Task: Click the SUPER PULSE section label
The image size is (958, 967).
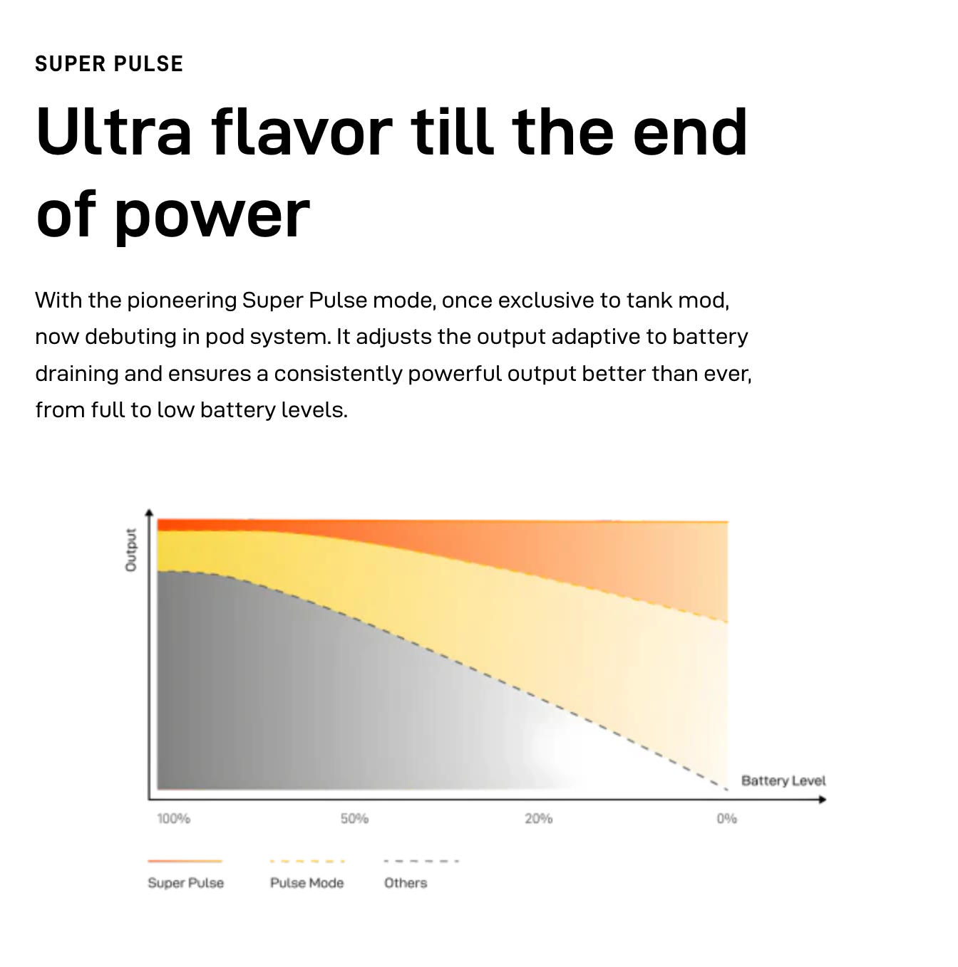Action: click(x=109, y=63)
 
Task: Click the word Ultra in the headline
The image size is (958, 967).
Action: click(x=113, y=132)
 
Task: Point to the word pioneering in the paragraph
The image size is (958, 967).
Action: click(x=182, y=300)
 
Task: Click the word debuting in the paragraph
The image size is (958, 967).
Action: click(x=130, y=337)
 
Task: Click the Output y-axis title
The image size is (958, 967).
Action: click(x=130, y=550)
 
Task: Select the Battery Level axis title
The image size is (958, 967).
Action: click(x=783, y=781)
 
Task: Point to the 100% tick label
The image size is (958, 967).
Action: click(x=173, y=818)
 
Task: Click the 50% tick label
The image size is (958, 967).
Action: click(x=354, y=818)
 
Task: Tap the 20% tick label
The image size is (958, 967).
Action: click(x=539, y=818)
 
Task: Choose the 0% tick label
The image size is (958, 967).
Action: click(x=726, y=818)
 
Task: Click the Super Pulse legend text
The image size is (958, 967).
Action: click(x=185, y=883)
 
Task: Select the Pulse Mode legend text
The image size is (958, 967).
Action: click(x=307, y=883)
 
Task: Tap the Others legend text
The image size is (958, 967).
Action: click(x=406, y=883)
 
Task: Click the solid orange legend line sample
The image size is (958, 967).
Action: click(x=185, y=861)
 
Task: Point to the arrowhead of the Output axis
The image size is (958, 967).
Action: click(x=149, y=513)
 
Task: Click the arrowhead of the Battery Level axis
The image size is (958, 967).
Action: click(x=822, y=800)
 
